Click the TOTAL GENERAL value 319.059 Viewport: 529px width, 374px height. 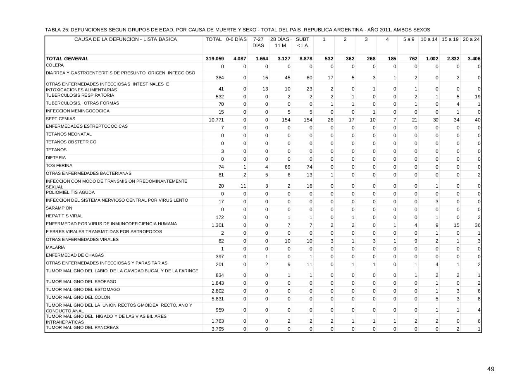(215, 59)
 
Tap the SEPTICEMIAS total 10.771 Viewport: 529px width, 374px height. (216, 120)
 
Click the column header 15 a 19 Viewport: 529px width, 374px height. (450, 39)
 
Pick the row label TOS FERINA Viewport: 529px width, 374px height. (59, 166)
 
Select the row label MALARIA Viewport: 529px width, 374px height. (55, 248)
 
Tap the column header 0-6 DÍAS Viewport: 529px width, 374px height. (236, 39)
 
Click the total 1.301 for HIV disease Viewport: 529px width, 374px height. (217, 225)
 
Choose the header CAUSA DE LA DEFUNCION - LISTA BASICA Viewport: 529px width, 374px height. (125, 39)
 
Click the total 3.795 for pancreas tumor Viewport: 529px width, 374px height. (217, 329)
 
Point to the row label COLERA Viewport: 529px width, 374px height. (55, 65)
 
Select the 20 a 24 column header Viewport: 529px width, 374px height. (471, 39)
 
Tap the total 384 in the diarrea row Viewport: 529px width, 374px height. (219, 78)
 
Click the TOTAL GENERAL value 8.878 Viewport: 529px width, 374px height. (306, 59)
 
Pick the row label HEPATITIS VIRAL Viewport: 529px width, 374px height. (64, 216)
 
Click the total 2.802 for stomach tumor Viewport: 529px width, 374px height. (217, 291)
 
